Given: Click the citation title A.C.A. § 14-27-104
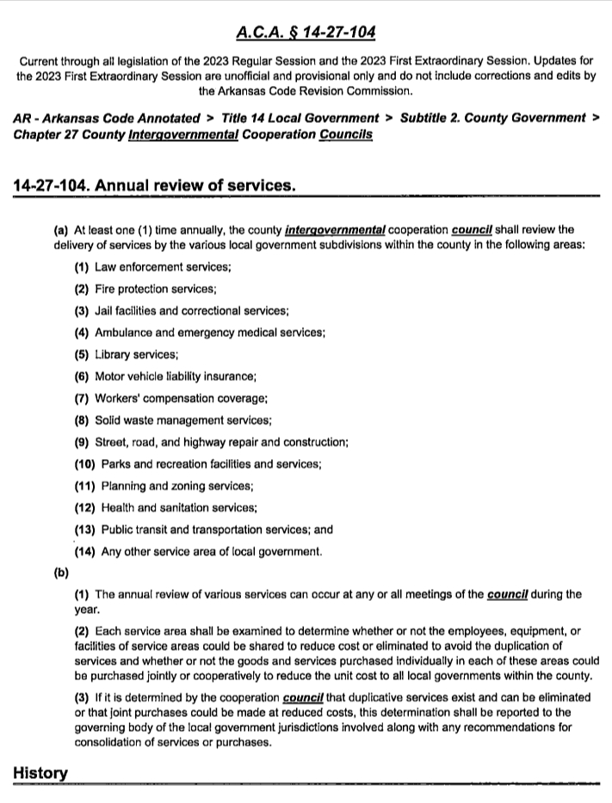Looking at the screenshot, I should click(306, 34).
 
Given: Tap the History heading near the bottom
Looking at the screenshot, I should click(40, 773).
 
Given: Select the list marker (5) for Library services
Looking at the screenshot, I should click(82, 354).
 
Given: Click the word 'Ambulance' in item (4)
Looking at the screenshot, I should click(121, 332).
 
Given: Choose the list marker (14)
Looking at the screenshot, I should click(85, 552).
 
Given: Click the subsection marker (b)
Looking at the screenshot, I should click(60, 572).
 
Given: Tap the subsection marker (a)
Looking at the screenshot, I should click(61, 230).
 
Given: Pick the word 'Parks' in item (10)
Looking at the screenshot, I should click(116, 464).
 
